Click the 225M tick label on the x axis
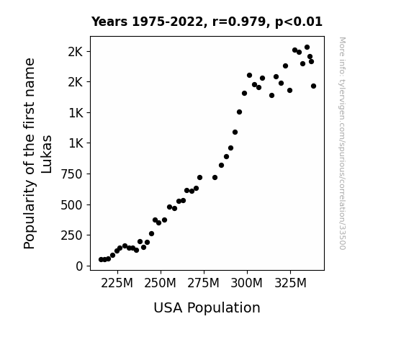pos(117,284)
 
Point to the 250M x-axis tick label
pos(160,284)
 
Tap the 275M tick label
pos(203,284)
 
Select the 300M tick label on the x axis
pos(247,284)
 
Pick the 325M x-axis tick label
pos(290,284)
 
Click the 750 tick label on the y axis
pos(72,174)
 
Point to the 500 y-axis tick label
pos(72,205)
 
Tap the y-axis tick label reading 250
pos(72,235)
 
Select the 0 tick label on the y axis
pos(79,266)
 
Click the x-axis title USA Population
pos(207,307)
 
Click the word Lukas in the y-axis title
pos(47,154)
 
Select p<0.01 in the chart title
pos(299,22)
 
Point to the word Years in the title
pos(109,22)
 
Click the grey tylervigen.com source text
pos(342,143)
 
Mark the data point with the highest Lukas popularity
pos(307,48)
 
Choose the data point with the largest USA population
pos(313,86)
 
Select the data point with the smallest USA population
pos(101,260)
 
